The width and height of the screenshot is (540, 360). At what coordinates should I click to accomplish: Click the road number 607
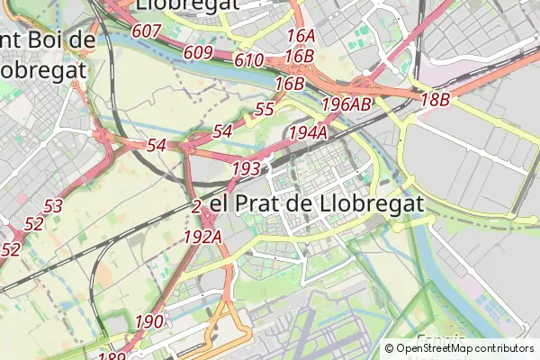147,32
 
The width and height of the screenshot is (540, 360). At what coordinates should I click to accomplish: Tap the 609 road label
198,53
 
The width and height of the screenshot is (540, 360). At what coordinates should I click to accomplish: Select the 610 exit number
248,61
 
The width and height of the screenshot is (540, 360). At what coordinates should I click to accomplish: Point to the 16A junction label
301,36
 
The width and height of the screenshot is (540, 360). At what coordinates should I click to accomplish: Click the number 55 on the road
265,110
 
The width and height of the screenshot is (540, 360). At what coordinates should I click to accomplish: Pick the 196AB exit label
346,104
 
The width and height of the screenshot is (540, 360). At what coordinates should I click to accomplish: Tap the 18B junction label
435,100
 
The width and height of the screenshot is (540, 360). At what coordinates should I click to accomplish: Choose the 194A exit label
307,133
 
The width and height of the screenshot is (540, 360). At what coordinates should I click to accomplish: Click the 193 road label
246,168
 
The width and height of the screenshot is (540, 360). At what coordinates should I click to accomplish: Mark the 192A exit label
202,237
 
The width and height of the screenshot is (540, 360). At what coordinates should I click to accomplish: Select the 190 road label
149,321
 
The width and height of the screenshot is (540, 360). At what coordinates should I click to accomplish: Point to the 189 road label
112,356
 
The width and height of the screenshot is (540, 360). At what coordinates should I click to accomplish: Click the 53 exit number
53,206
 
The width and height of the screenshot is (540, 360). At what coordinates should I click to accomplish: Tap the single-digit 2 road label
196,206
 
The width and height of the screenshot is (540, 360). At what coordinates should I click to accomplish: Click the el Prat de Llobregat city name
316,204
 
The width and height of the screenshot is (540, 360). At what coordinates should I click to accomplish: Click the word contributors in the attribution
499,347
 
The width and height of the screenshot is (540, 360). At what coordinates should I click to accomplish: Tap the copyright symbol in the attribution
389,347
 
